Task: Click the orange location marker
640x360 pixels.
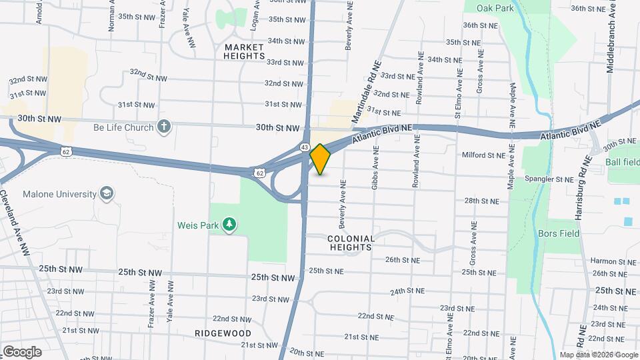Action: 321,159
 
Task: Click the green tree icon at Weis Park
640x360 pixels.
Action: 229,224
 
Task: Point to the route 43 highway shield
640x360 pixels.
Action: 305,146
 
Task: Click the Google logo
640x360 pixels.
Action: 21,352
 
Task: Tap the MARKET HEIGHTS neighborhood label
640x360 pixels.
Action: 245,51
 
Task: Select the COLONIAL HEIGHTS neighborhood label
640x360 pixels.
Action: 351,243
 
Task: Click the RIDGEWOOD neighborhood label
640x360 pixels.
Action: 223,333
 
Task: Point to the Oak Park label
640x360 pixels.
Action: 495,8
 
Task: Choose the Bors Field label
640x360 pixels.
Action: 559,234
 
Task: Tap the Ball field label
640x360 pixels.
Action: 622,162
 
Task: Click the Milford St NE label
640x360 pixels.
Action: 484,155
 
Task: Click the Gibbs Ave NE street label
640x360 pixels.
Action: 375,175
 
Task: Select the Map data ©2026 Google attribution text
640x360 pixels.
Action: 598,355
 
